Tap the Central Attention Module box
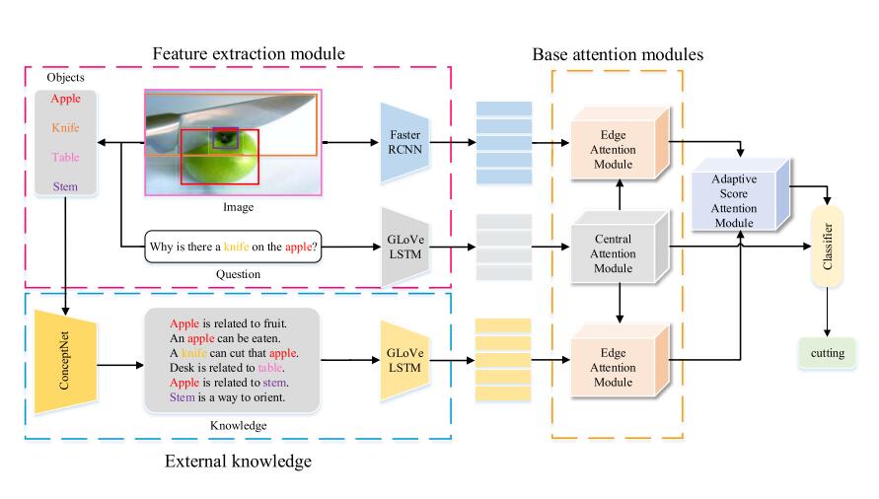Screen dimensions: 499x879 click(613, 254)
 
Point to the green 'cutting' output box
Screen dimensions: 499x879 click(827, 351)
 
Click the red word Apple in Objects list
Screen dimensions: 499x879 click(65, 99)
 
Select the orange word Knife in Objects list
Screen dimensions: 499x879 click(65, 127)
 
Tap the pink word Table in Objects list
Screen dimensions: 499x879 click(65, 156)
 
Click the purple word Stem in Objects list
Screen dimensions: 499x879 click(65, 184)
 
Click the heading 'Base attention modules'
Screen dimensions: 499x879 click(617, 54)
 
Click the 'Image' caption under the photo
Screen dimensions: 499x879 click(238, 207)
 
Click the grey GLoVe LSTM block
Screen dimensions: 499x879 click(403, 247)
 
